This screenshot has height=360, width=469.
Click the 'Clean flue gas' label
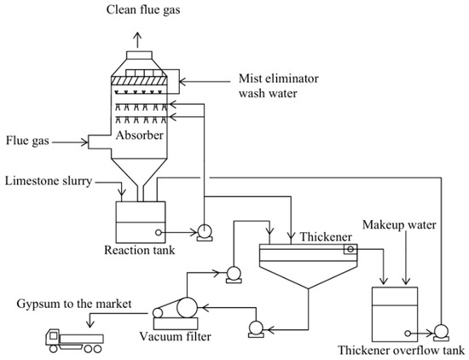point(143,10)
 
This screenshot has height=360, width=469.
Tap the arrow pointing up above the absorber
point(137,40)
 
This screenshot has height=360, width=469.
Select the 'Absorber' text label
point(140,136)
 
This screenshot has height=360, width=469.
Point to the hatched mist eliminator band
point(139,81)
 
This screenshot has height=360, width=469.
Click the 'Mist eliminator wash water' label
point(279,86)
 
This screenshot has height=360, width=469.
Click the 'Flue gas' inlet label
point(27,141)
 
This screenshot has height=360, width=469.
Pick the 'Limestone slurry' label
point(49,182)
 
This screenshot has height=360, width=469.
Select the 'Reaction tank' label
point(139,250)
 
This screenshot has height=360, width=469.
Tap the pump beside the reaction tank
point(205,233)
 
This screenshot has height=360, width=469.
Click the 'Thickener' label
point(326,236)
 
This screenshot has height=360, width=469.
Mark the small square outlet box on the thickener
point(350,249)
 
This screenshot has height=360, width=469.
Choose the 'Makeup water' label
point(399,224)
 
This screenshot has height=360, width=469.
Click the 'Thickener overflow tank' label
point(401,351)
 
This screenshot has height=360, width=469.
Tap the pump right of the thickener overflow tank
point(441,332)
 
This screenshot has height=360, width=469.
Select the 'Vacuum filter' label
point(176,337)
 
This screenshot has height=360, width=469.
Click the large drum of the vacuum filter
point(187,308)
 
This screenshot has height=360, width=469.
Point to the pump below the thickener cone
point(257,329)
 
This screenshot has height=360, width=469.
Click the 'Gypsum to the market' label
point(74,304)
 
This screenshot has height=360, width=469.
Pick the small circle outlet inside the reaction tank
point(159,232)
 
